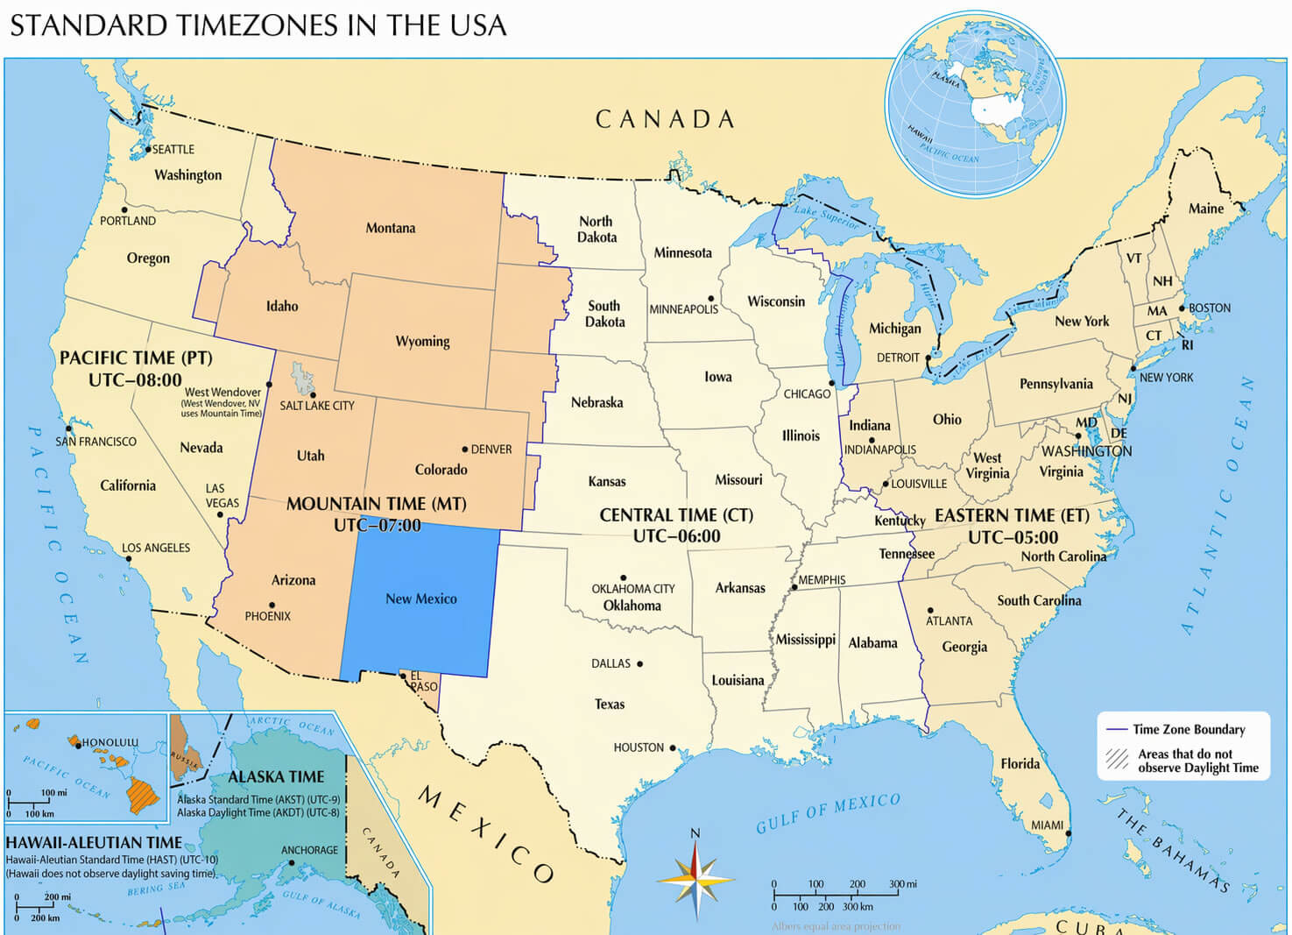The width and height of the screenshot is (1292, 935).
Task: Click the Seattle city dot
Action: point(148,150)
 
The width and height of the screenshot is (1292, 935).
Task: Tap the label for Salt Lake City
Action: point(317,406)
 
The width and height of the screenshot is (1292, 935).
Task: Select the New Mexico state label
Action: point(421,599)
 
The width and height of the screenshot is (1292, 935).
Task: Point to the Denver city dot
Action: point(465,450)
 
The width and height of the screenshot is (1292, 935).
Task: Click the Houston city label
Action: point(639,747)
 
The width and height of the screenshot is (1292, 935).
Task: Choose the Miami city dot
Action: point(1068,833)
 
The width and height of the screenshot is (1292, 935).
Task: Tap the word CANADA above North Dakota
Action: point(665,120)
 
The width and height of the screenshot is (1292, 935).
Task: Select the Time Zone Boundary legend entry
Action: point(1188,729)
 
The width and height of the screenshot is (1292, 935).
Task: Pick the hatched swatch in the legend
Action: point(1117,759)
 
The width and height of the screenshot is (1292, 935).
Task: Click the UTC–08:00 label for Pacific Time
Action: point(135,380)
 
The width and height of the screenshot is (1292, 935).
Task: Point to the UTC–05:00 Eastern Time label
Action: point(1013,537)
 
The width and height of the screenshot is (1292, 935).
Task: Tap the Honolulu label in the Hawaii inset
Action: point(110,742)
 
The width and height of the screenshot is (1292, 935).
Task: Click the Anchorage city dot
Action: point(292,863)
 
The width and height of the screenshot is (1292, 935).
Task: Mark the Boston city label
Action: point(1210,308)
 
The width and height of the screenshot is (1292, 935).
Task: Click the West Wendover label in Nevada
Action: point(222,392)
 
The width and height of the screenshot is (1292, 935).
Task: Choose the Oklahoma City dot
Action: point(624,578)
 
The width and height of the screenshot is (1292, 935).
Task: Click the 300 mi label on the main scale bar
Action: point(902,884)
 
